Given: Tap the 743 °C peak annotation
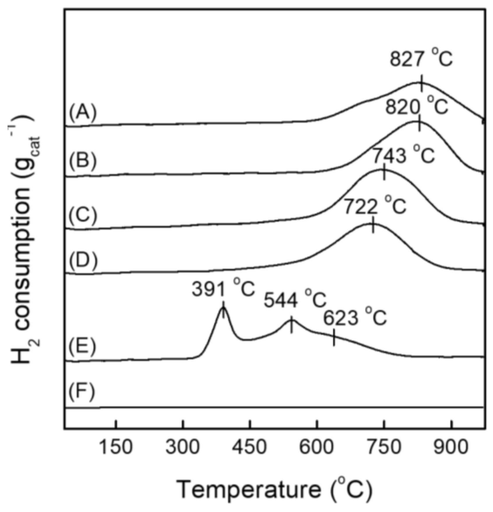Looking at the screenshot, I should tap(404, 155).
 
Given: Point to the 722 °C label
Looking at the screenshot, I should tap(375, 207).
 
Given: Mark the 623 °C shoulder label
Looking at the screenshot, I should tap(355, 318).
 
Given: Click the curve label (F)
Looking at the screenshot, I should tap(82, 392).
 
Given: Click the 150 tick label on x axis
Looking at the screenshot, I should tap(116, 447).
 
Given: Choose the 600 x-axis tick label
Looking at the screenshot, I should tap(316, 447).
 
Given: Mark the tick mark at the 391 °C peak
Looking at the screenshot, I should tap(223, 310).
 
